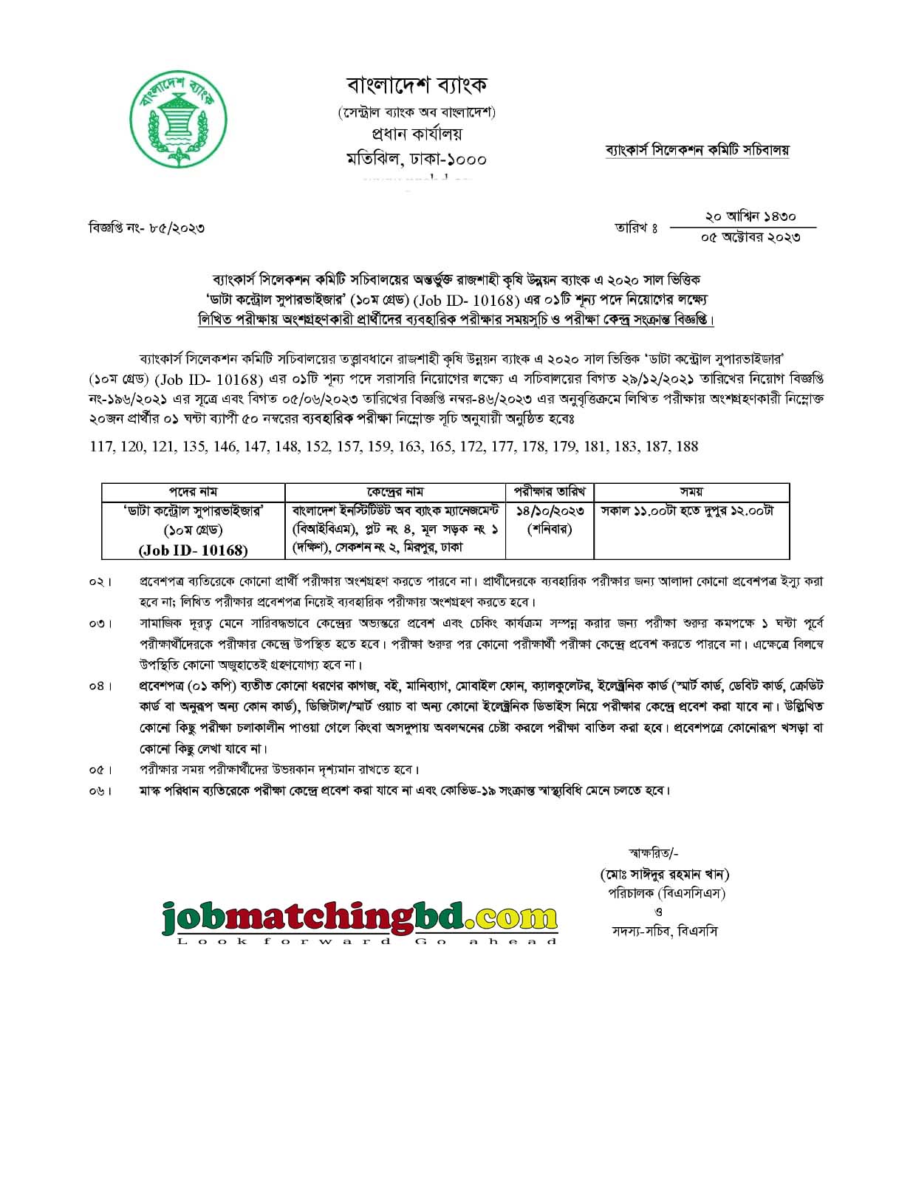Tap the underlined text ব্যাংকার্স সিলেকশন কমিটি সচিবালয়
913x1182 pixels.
pos(697,150)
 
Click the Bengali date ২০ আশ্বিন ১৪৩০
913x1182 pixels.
pos(750,216)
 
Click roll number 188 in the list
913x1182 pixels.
pos(686,446)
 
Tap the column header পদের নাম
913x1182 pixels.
pos(193,492)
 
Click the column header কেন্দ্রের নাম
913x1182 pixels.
pos(395,492)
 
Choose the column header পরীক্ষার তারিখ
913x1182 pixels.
pos(550,492)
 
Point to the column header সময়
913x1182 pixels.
pos(691,492)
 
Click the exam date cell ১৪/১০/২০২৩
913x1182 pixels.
pos(550,511)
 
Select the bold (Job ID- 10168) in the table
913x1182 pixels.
pos(193,550)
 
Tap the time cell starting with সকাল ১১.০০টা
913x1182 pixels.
pos(687,511)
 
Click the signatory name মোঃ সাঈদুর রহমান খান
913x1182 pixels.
pos(664,875)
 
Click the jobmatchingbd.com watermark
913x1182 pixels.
pos(359,920)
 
